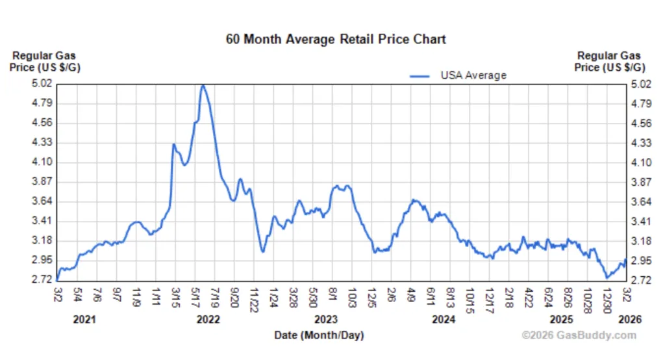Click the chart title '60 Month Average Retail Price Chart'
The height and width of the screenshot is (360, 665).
pyautogui.click(x=336, y=39)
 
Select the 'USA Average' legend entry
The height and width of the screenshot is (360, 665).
pyautogui.click(x=473, y=75)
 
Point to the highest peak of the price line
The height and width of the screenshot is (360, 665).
pyautogui.click(x=203, y=85)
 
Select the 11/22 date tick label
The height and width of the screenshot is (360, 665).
pyautogui.click(x=254, y=297)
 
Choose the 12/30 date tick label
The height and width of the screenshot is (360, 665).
pyautogui.click(x=608, y=297)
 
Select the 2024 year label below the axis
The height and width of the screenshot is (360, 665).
pyautogui.click(x=444, y=320)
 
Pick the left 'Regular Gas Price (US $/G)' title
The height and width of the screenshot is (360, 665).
pyautogui.click(x=45, y=62)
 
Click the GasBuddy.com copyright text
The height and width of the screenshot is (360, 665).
pyautogui.click(x=579, y=335)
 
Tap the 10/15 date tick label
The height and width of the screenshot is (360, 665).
pyautogui.click(x=470, y=297)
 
